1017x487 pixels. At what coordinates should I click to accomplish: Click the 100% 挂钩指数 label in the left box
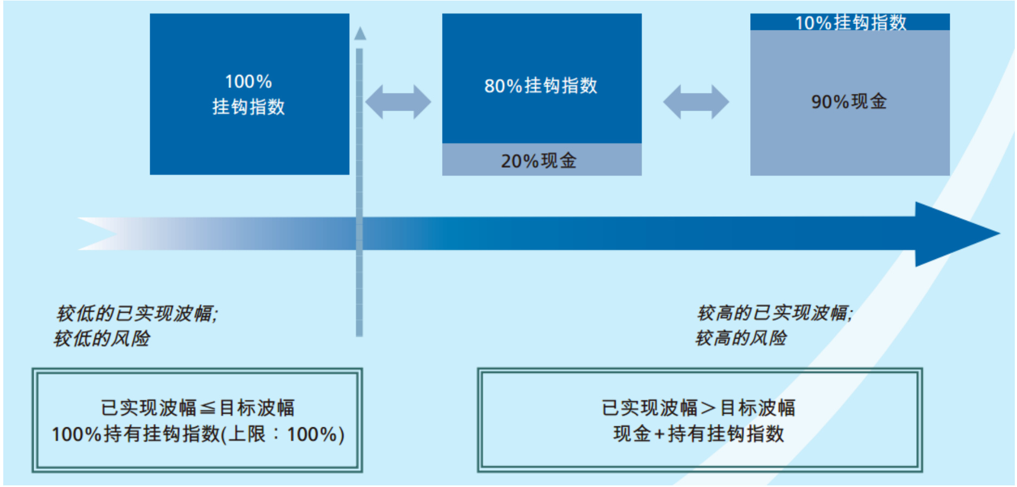coord(248,94)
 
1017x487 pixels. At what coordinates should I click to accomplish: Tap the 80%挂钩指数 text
coord(541,86)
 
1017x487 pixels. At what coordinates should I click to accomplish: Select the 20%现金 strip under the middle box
coord(541,160)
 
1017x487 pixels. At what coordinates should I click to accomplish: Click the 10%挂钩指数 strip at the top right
coord(850,22)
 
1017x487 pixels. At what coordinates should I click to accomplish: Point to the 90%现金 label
coord(849,102)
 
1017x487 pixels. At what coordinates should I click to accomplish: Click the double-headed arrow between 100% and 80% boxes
coord(398,102)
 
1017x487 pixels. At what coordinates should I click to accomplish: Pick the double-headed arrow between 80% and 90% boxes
coord(696,102)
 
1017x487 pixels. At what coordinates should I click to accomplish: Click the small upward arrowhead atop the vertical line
coord(360,33)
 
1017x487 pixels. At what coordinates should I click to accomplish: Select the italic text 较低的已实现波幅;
coord(137,313)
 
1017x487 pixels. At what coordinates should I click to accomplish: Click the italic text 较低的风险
coord(102,338)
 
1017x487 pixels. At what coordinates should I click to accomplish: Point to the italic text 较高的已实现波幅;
coord(775,313)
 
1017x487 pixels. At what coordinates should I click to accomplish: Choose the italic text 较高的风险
coord(741,338)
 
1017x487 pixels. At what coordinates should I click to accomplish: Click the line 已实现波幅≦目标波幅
coord(197,408)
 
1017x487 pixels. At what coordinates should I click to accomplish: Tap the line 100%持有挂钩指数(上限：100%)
coord(198,434)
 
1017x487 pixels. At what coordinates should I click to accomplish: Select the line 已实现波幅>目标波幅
coord(699,408)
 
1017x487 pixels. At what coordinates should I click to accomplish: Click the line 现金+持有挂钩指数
coord(699,434)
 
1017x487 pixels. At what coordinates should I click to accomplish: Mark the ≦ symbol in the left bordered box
coord(208,408)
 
